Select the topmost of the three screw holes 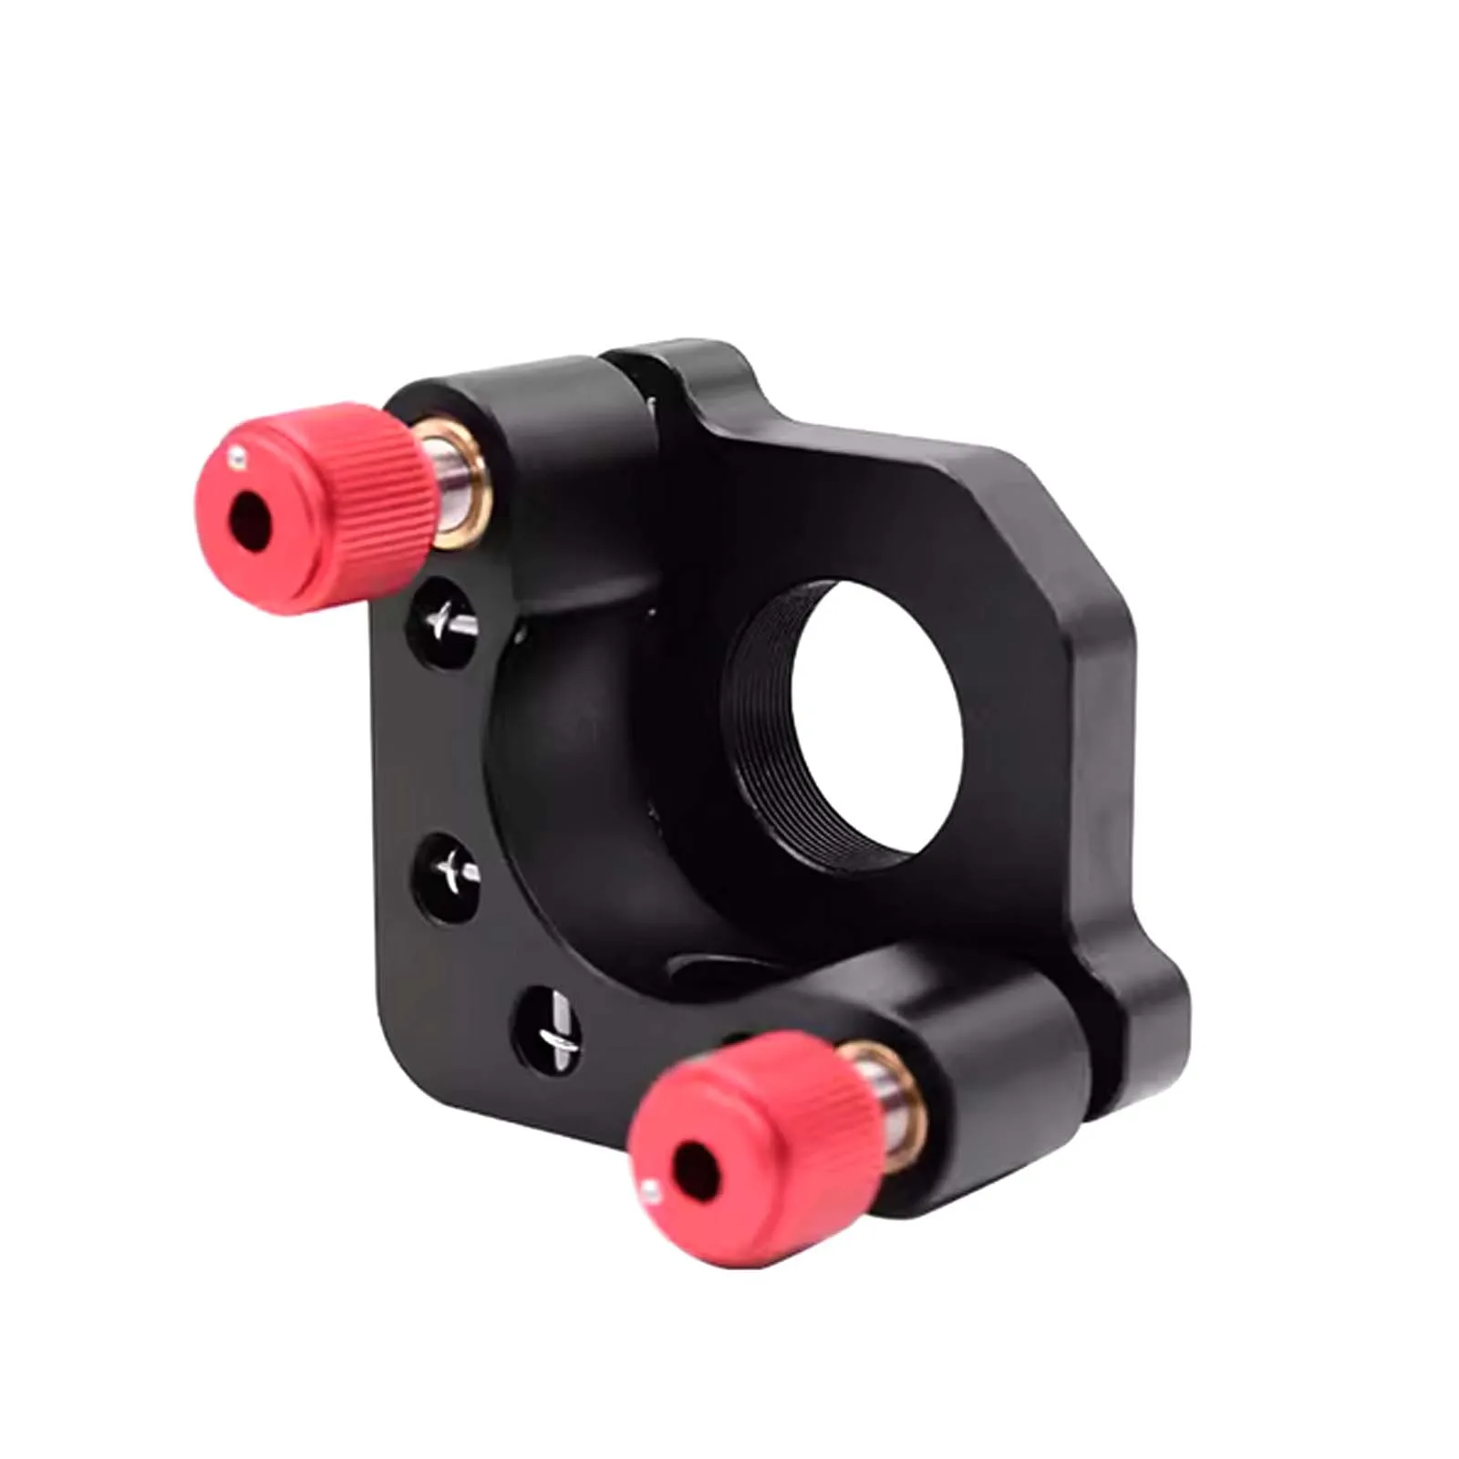pos(444,623)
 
